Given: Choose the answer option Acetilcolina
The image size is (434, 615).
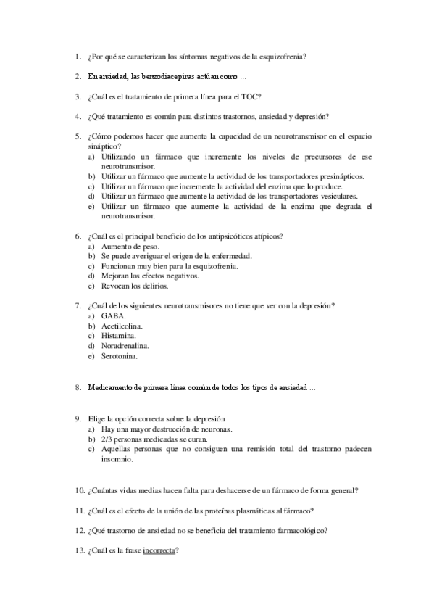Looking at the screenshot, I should tap(122, 326).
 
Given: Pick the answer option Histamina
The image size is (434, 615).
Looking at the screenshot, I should tap(118, 337).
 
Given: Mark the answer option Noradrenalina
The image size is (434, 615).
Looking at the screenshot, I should tap(125, 347).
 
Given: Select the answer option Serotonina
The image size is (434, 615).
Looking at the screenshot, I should tap(120, 357).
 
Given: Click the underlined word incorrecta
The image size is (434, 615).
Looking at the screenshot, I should tap(159, 550).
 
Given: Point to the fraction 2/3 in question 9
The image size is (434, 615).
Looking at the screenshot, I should tap(109, 439).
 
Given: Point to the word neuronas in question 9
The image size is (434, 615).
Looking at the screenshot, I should tap(215, 429).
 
